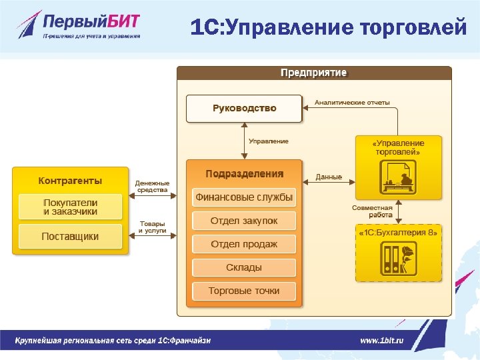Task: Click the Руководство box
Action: click(244, 108)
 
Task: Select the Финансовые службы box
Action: click(244, 197)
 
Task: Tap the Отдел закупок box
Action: click(244, 221)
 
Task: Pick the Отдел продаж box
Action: click(244, 244)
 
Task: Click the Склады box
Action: click(244, 267)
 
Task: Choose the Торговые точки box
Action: click(244, 291)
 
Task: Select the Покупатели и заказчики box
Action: click(70, 207)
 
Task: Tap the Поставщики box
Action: click(70, 236)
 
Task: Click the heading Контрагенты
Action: click(70, 181)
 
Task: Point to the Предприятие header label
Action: click(313, 73)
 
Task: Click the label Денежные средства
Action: click(153, 186)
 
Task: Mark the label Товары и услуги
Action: click(153, 227)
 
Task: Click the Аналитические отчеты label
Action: click(352, 103)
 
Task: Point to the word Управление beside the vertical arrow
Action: click(269, 141)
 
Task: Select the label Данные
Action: click(329, 177)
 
